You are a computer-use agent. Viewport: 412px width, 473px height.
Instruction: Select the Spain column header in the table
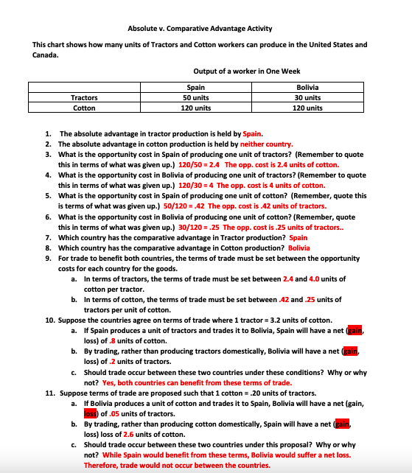pyautogui.click(x=196, y=88)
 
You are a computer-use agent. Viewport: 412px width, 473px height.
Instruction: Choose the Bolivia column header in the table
pyautogui.click(x=307, y=88)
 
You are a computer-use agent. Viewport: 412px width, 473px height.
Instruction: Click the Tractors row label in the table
pyautogui.click(x=85, y=98)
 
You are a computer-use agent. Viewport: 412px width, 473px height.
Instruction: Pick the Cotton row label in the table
pyautogui.click(x=85, y=108)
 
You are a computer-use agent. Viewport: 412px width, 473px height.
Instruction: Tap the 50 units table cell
pyautogui.click(x=196, y=98)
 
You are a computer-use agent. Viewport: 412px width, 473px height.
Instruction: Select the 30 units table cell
pyautogui.click(x=307, y=98)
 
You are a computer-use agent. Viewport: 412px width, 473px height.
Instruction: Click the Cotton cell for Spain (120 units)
pyautogui.click(x=196, y=108)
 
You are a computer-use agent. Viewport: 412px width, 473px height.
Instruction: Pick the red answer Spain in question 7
pyautogui.click(x=298, y=238)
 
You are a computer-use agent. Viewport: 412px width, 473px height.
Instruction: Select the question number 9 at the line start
pyautogui.click(x=48, y=259)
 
